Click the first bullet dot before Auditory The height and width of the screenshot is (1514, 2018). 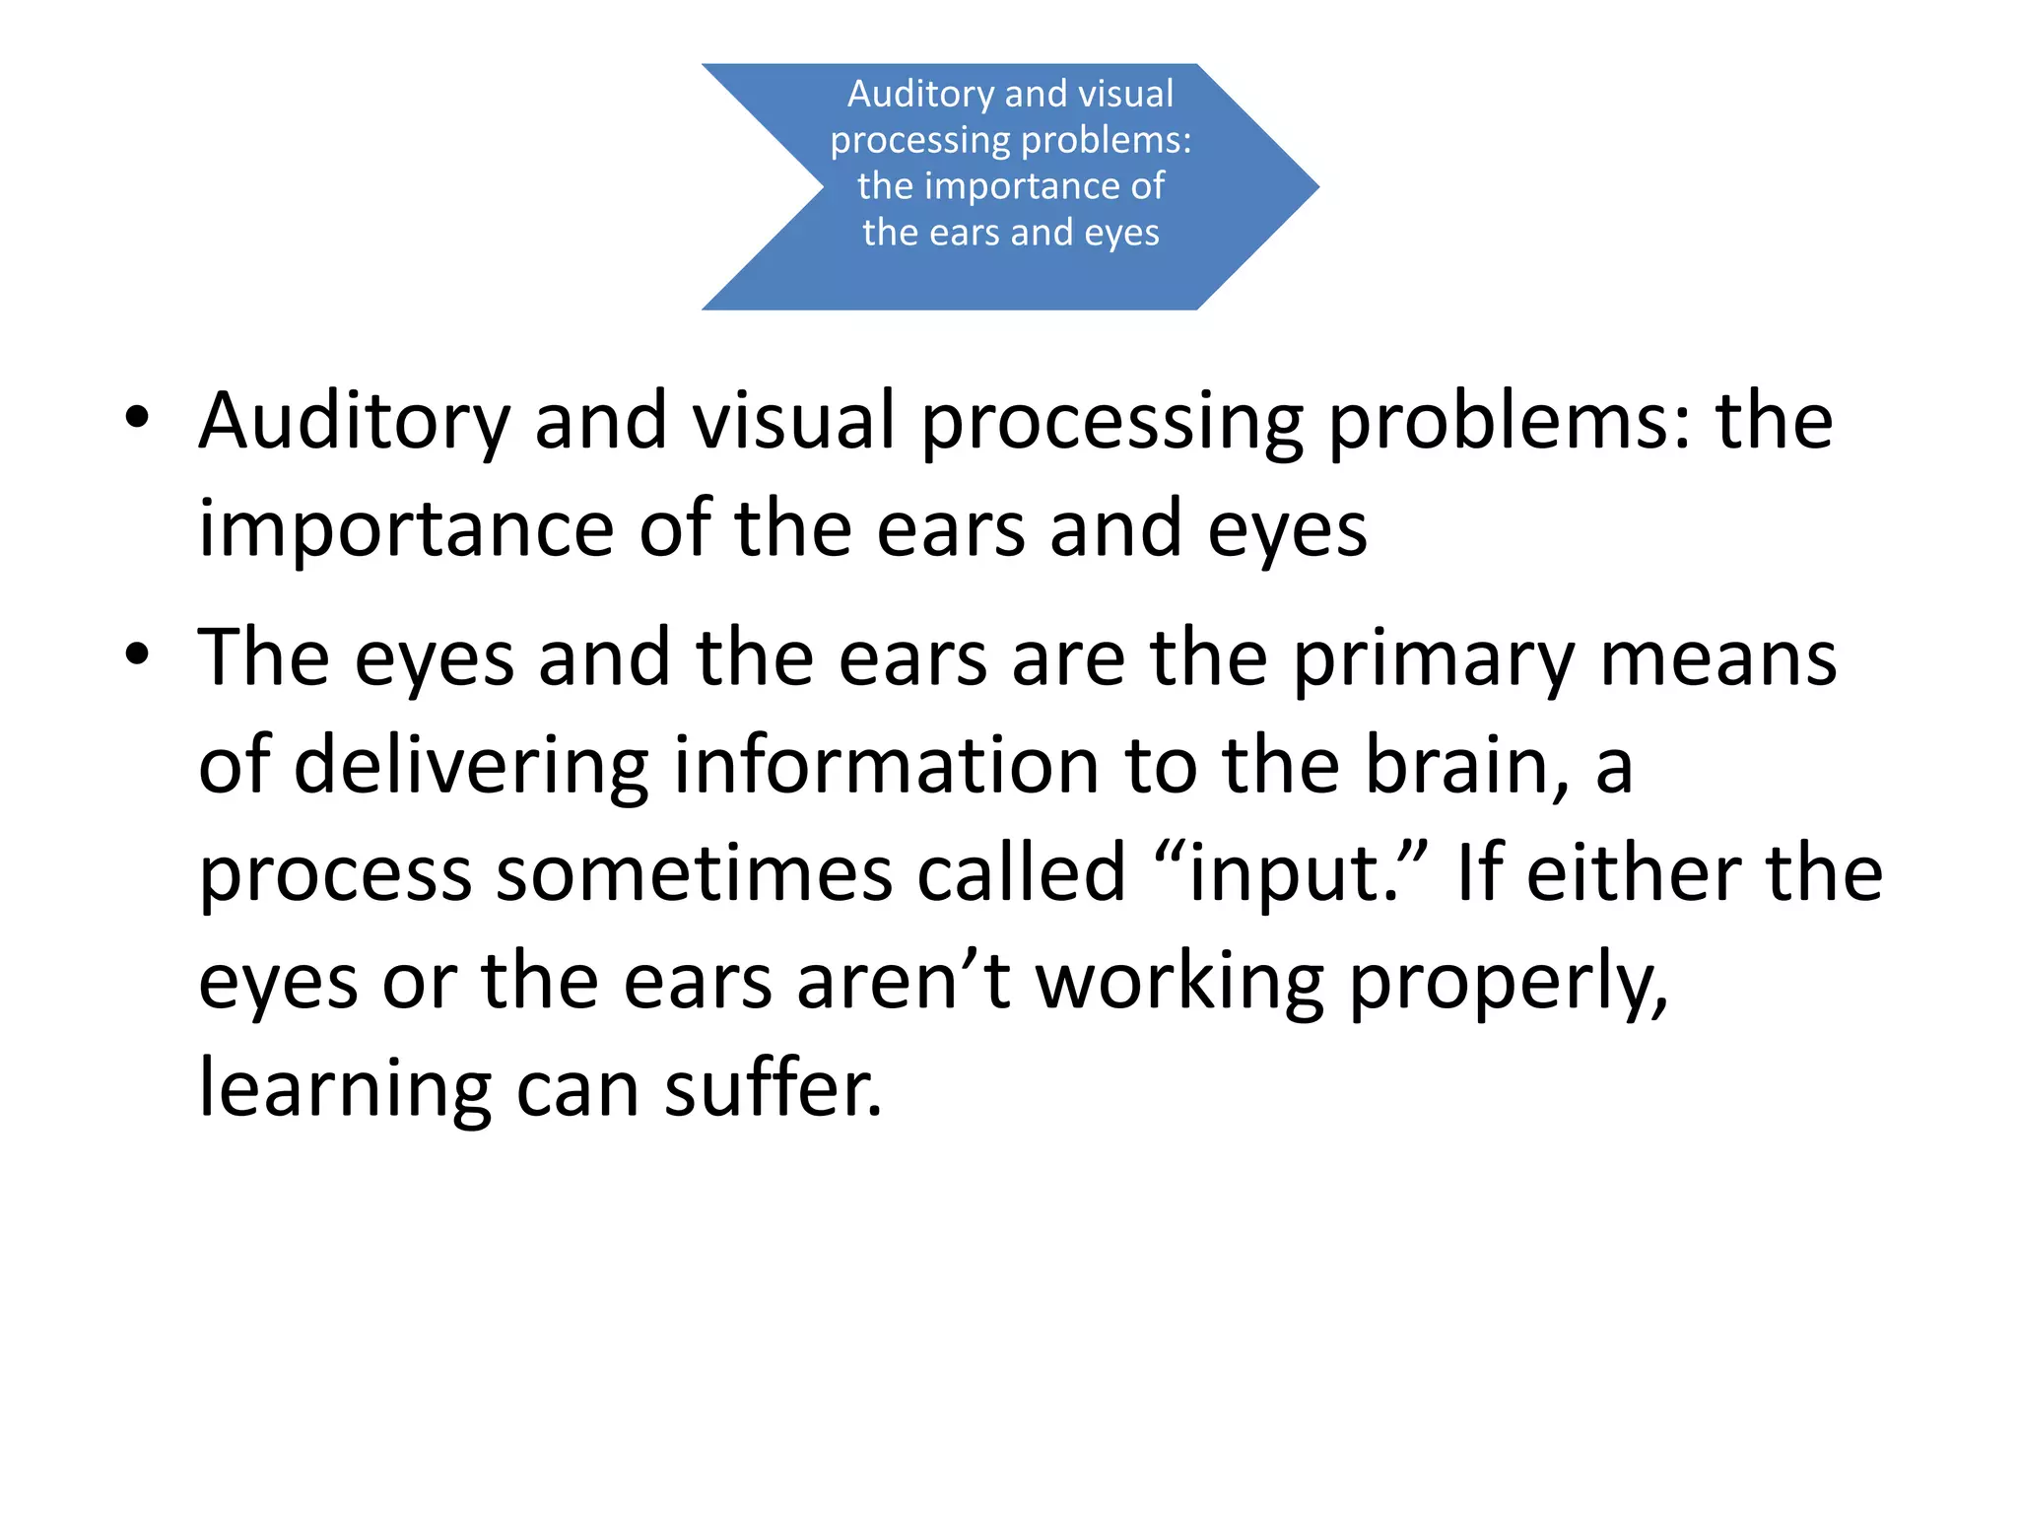point(137,417)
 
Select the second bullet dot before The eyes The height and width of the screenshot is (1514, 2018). point(137,654)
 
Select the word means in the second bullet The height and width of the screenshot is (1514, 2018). point(1718,658)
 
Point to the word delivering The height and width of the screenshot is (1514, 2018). point(471,767)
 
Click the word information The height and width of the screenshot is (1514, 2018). point(886,765)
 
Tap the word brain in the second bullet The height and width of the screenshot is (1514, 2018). point(1467,765)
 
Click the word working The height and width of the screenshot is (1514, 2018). point(1179,983)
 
